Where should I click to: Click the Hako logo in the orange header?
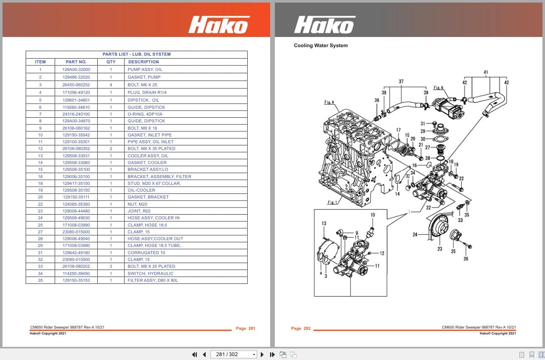[219, 25]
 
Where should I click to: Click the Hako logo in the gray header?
[325, 25]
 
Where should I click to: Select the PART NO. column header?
[76, 62]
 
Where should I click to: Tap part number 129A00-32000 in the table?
[76, 69]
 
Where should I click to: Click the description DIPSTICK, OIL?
[144, 100]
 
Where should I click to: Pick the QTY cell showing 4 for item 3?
[111, 85]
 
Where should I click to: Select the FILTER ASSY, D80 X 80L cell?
[152, 281]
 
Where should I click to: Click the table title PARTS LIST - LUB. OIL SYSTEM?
[136, 54]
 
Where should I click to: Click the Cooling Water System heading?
[321, 45]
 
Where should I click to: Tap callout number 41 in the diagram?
[486, 72]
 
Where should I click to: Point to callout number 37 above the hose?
[401, 82]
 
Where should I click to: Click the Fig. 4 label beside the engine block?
[329, 102]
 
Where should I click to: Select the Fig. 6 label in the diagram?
[438, 88]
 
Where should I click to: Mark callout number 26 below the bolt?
[466, 258]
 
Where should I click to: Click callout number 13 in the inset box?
[324, 224]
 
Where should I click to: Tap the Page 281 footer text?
[246, 329]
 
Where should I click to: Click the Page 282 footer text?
[301, 329]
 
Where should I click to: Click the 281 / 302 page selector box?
[234, 354]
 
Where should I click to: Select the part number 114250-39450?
[76, 273]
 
